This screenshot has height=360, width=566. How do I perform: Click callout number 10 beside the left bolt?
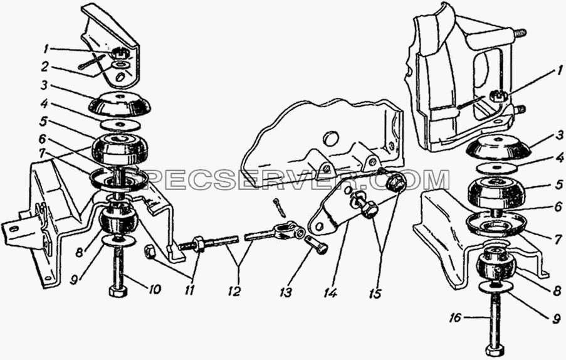coord(154,289)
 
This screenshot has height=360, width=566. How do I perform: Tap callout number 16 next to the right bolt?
coord(456,318)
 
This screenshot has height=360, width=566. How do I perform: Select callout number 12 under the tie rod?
coord(234,291)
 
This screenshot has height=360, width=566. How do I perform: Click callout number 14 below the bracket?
coord(330,292)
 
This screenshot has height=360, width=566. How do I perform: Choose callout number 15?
coord(375,293)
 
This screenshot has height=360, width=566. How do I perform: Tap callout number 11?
coord(189,290)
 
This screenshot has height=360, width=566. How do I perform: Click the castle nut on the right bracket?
coord(498,96)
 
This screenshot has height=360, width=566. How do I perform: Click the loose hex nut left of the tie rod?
coord(150,251)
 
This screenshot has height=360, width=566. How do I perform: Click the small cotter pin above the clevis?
coord(278,206)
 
